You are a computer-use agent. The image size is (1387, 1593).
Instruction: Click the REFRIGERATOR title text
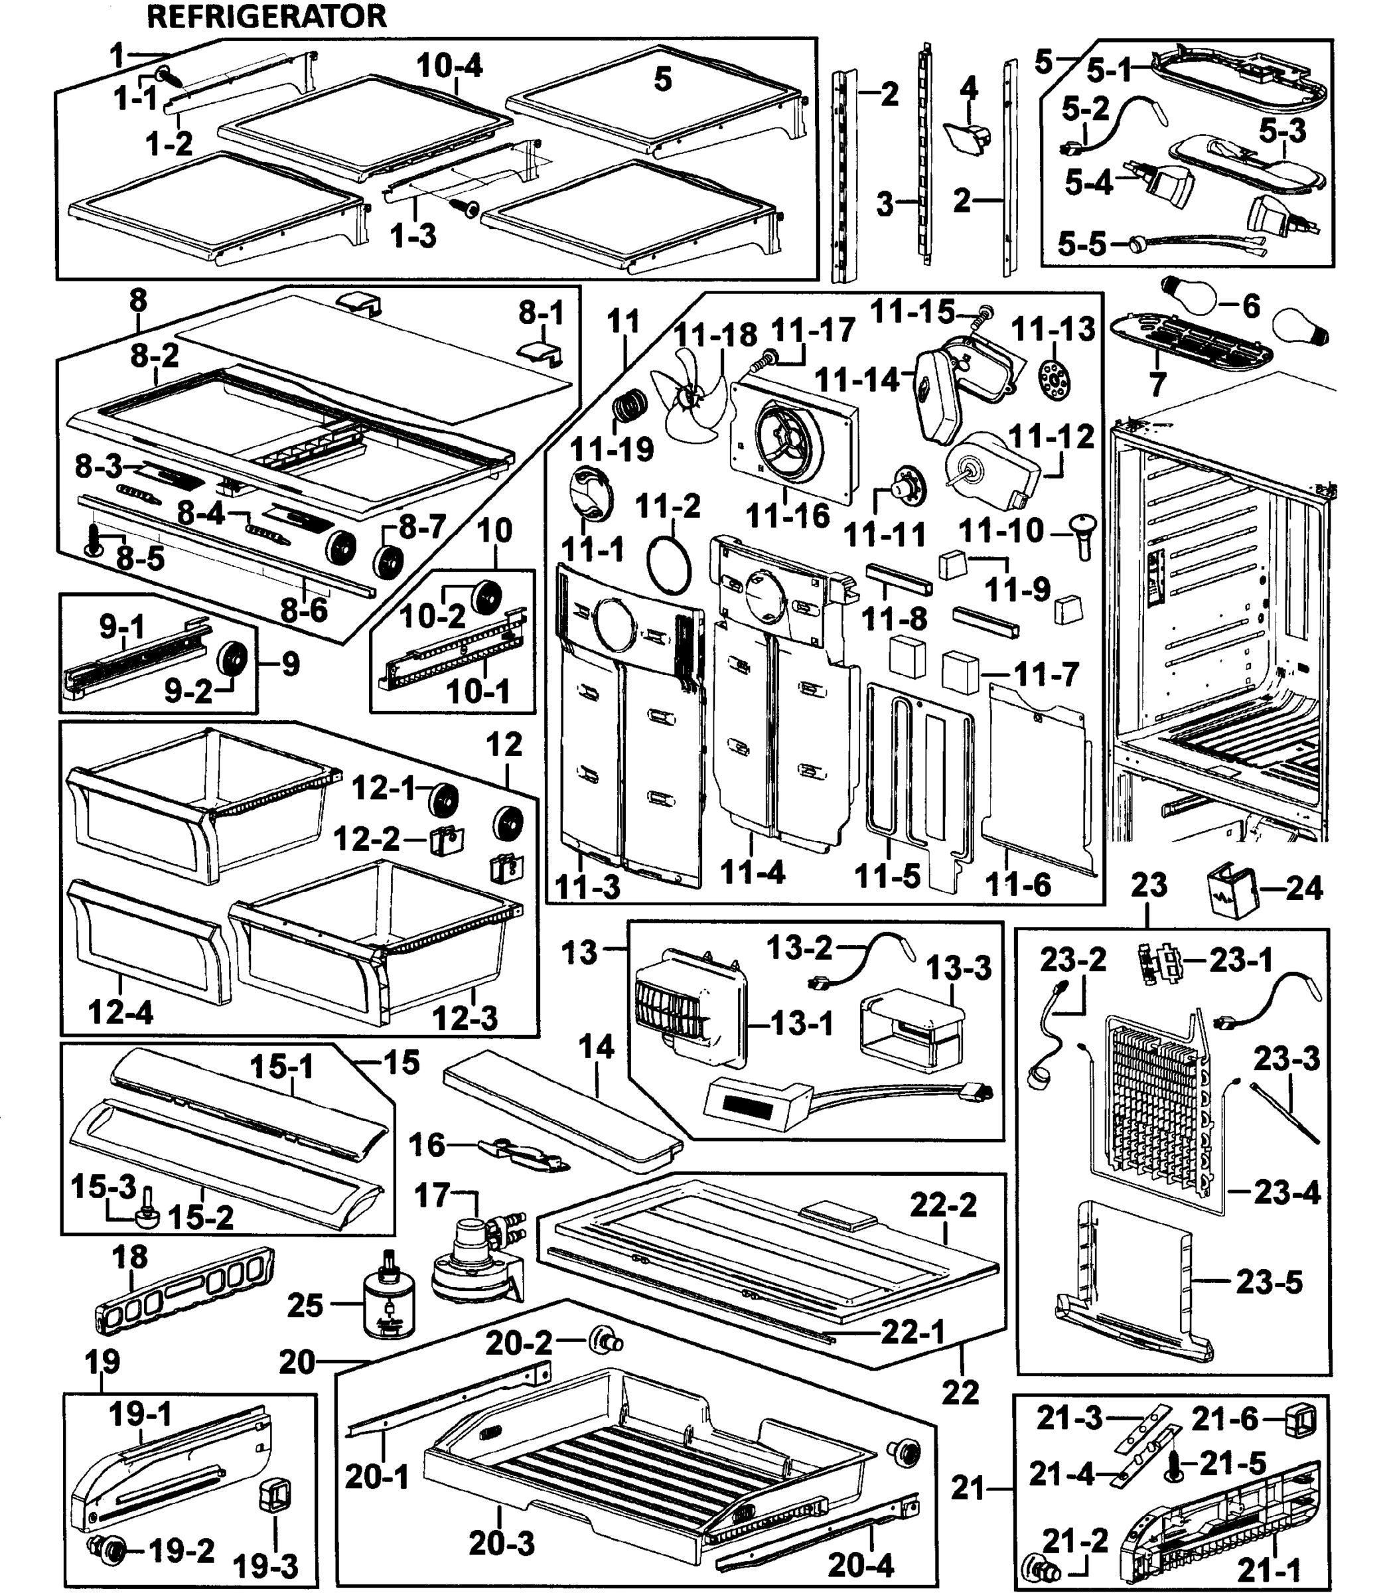[x=266, y=16]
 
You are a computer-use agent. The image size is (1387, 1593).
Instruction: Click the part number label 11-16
[x=787, y=516]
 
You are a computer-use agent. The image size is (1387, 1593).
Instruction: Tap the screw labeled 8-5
[x=93, y=540]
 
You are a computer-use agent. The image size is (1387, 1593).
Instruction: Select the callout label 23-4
[x=1286, y=1192]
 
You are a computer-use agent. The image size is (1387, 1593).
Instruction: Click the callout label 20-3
[x=502, y=1545]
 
